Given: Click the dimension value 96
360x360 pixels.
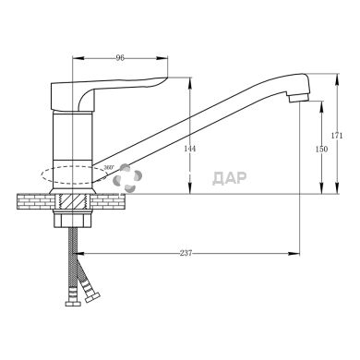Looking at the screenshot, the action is click(120, 57).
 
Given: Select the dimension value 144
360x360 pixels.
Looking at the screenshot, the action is click(189, 149).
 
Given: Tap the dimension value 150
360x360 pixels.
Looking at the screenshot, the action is click(322, 149).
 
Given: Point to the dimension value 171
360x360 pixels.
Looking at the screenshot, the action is click(337, 136).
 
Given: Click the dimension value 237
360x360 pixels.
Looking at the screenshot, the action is click(186, 253).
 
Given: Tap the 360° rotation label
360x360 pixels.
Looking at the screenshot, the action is click(109, 167).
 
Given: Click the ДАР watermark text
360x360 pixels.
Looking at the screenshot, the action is click(230, 178).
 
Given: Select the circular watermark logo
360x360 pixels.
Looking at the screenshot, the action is click(127, 178).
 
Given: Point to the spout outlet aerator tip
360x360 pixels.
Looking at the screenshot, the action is click(298, 98).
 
